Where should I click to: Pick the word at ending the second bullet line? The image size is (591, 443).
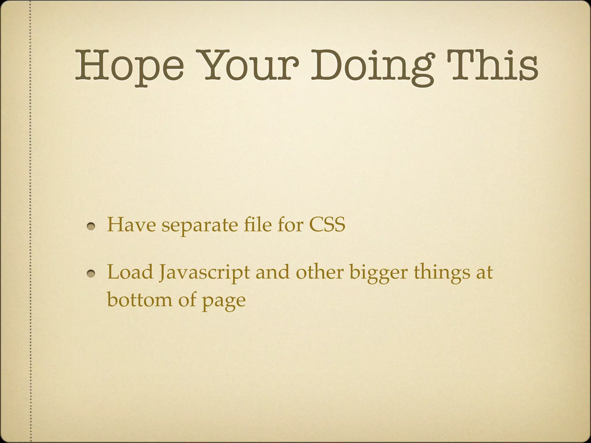click(484, 272)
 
